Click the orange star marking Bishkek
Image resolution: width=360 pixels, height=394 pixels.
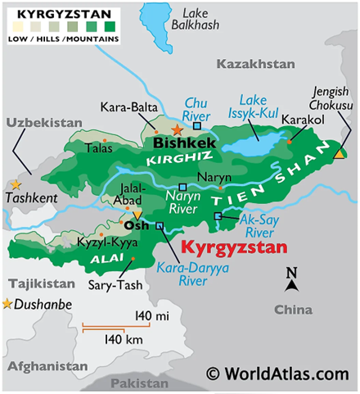click(x=177, y=129)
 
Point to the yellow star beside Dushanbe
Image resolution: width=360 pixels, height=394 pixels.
click(x=8, y=305)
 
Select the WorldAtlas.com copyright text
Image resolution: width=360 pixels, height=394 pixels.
click(x=282, y=374)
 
